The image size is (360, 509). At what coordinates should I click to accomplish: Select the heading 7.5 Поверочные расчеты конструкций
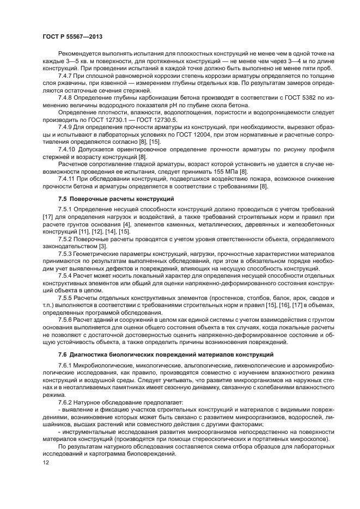(x=116, y=198)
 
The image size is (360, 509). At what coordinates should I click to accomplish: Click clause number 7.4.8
(x=67, y=97)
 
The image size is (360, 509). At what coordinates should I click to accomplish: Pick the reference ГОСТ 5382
(x=307, y=97)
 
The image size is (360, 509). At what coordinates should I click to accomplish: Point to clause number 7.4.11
(x=69, y=179)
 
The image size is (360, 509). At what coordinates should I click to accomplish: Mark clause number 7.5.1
(x=67, y=208)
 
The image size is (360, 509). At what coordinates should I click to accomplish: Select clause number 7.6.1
(x=67, y=364)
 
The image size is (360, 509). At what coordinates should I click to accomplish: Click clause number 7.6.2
(x=67, y=402)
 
